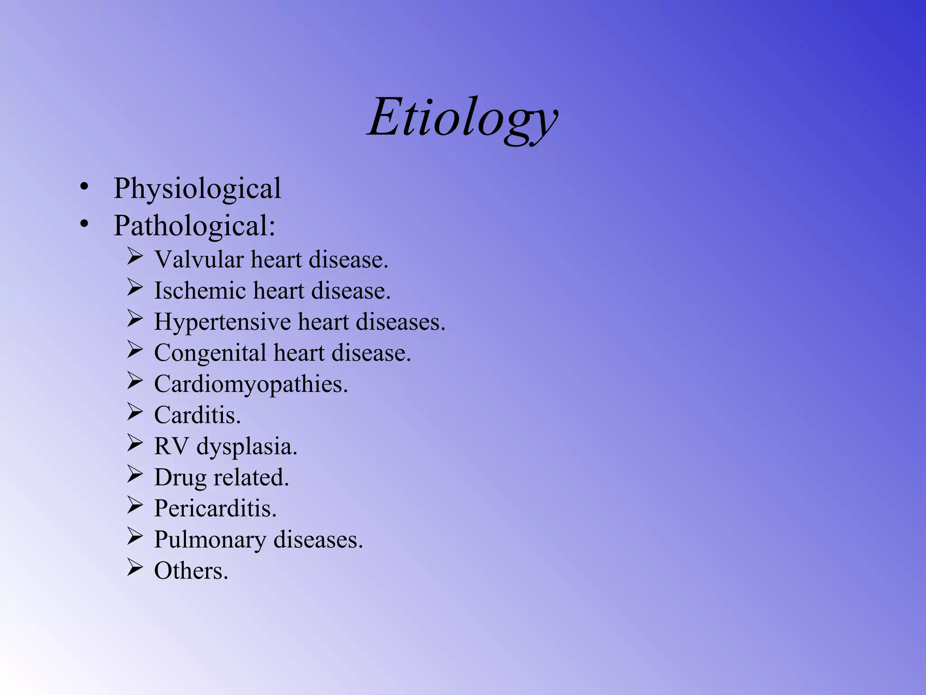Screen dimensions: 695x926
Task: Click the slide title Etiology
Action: (463, 119)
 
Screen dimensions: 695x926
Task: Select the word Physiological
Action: (197, 188)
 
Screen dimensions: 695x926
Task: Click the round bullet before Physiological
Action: (84, 186)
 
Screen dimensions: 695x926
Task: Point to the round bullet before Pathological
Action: (84, 224)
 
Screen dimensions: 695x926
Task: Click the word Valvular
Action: (199, 260)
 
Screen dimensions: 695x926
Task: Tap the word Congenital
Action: (210, 353)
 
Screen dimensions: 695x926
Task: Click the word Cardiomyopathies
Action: (251, 384)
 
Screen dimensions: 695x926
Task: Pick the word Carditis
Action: (197, 415)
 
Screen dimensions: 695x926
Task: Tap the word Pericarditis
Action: (215, 509)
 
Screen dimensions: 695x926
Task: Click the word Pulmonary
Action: (210, 540)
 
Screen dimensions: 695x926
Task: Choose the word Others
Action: (191, 571)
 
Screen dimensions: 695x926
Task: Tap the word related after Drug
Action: (251, 477)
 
